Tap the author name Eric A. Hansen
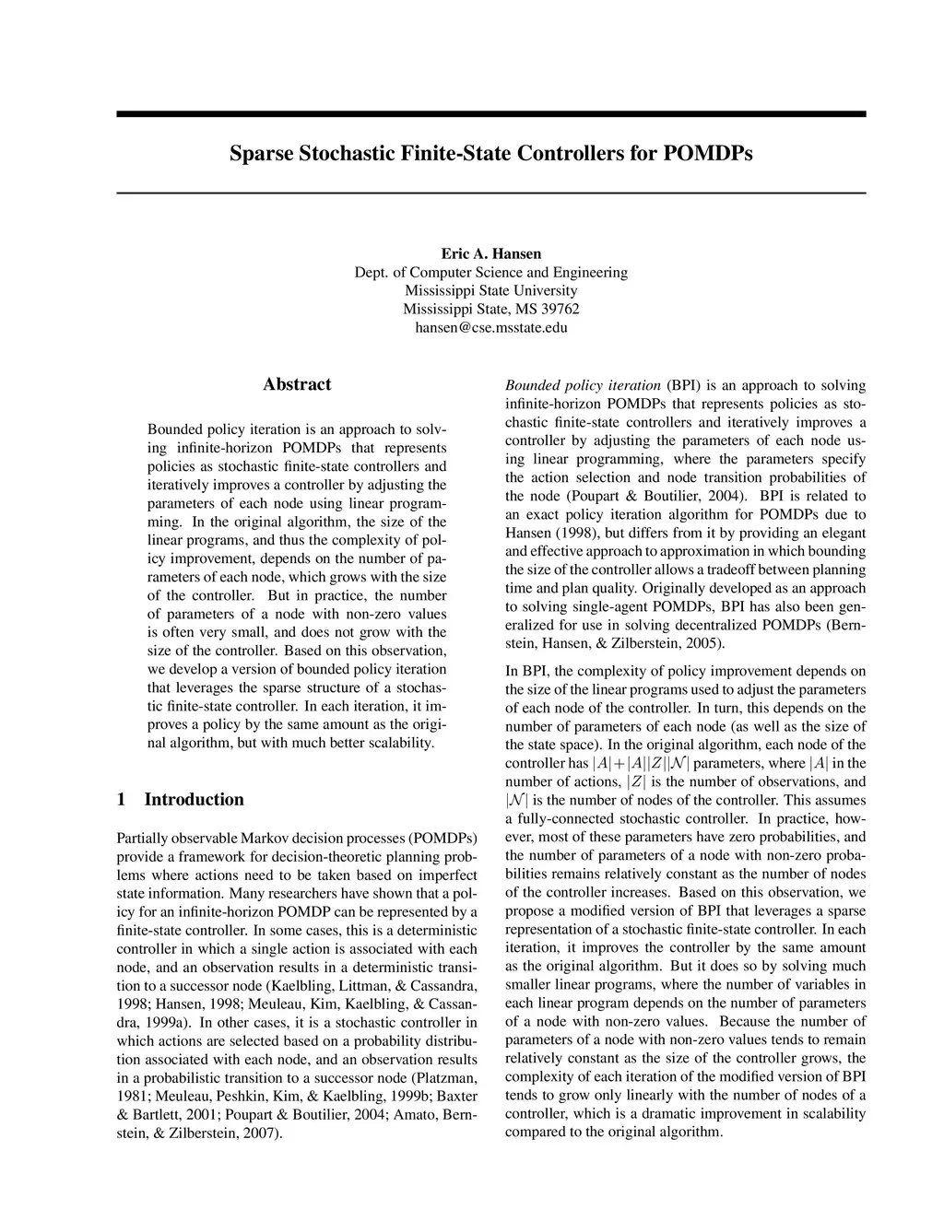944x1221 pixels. [491, 253]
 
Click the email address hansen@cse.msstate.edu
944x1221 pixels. [491, 327]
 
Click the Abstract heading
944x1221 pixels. [297, 384]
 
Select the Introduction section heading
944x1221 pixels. [194, 799]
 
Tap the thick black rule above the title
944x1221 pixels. [491, 113]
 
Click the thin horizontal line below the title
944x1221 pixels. [491, 192]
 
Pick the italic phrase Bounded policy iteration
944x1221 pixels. [583, 385]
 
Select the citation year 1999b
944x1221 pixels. [407, 1096]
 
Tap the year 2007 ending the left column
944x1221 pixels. [260, 1133]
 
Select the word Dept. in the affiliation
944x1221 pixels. [372, 272]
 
